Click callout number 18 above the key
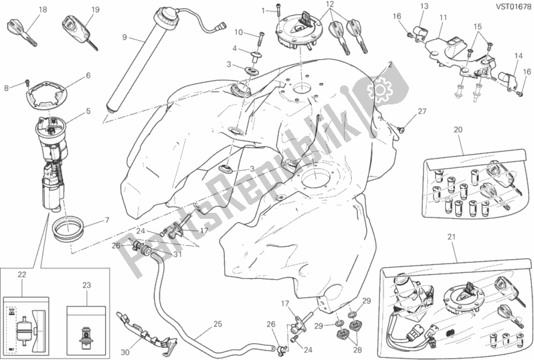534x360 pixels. coord(24,9)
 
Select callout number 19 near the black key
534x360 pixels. coord(77,9)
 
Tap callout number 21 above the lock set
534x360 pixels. coord(452,238)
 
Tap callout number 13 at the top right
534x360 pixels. coord(423,6)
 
